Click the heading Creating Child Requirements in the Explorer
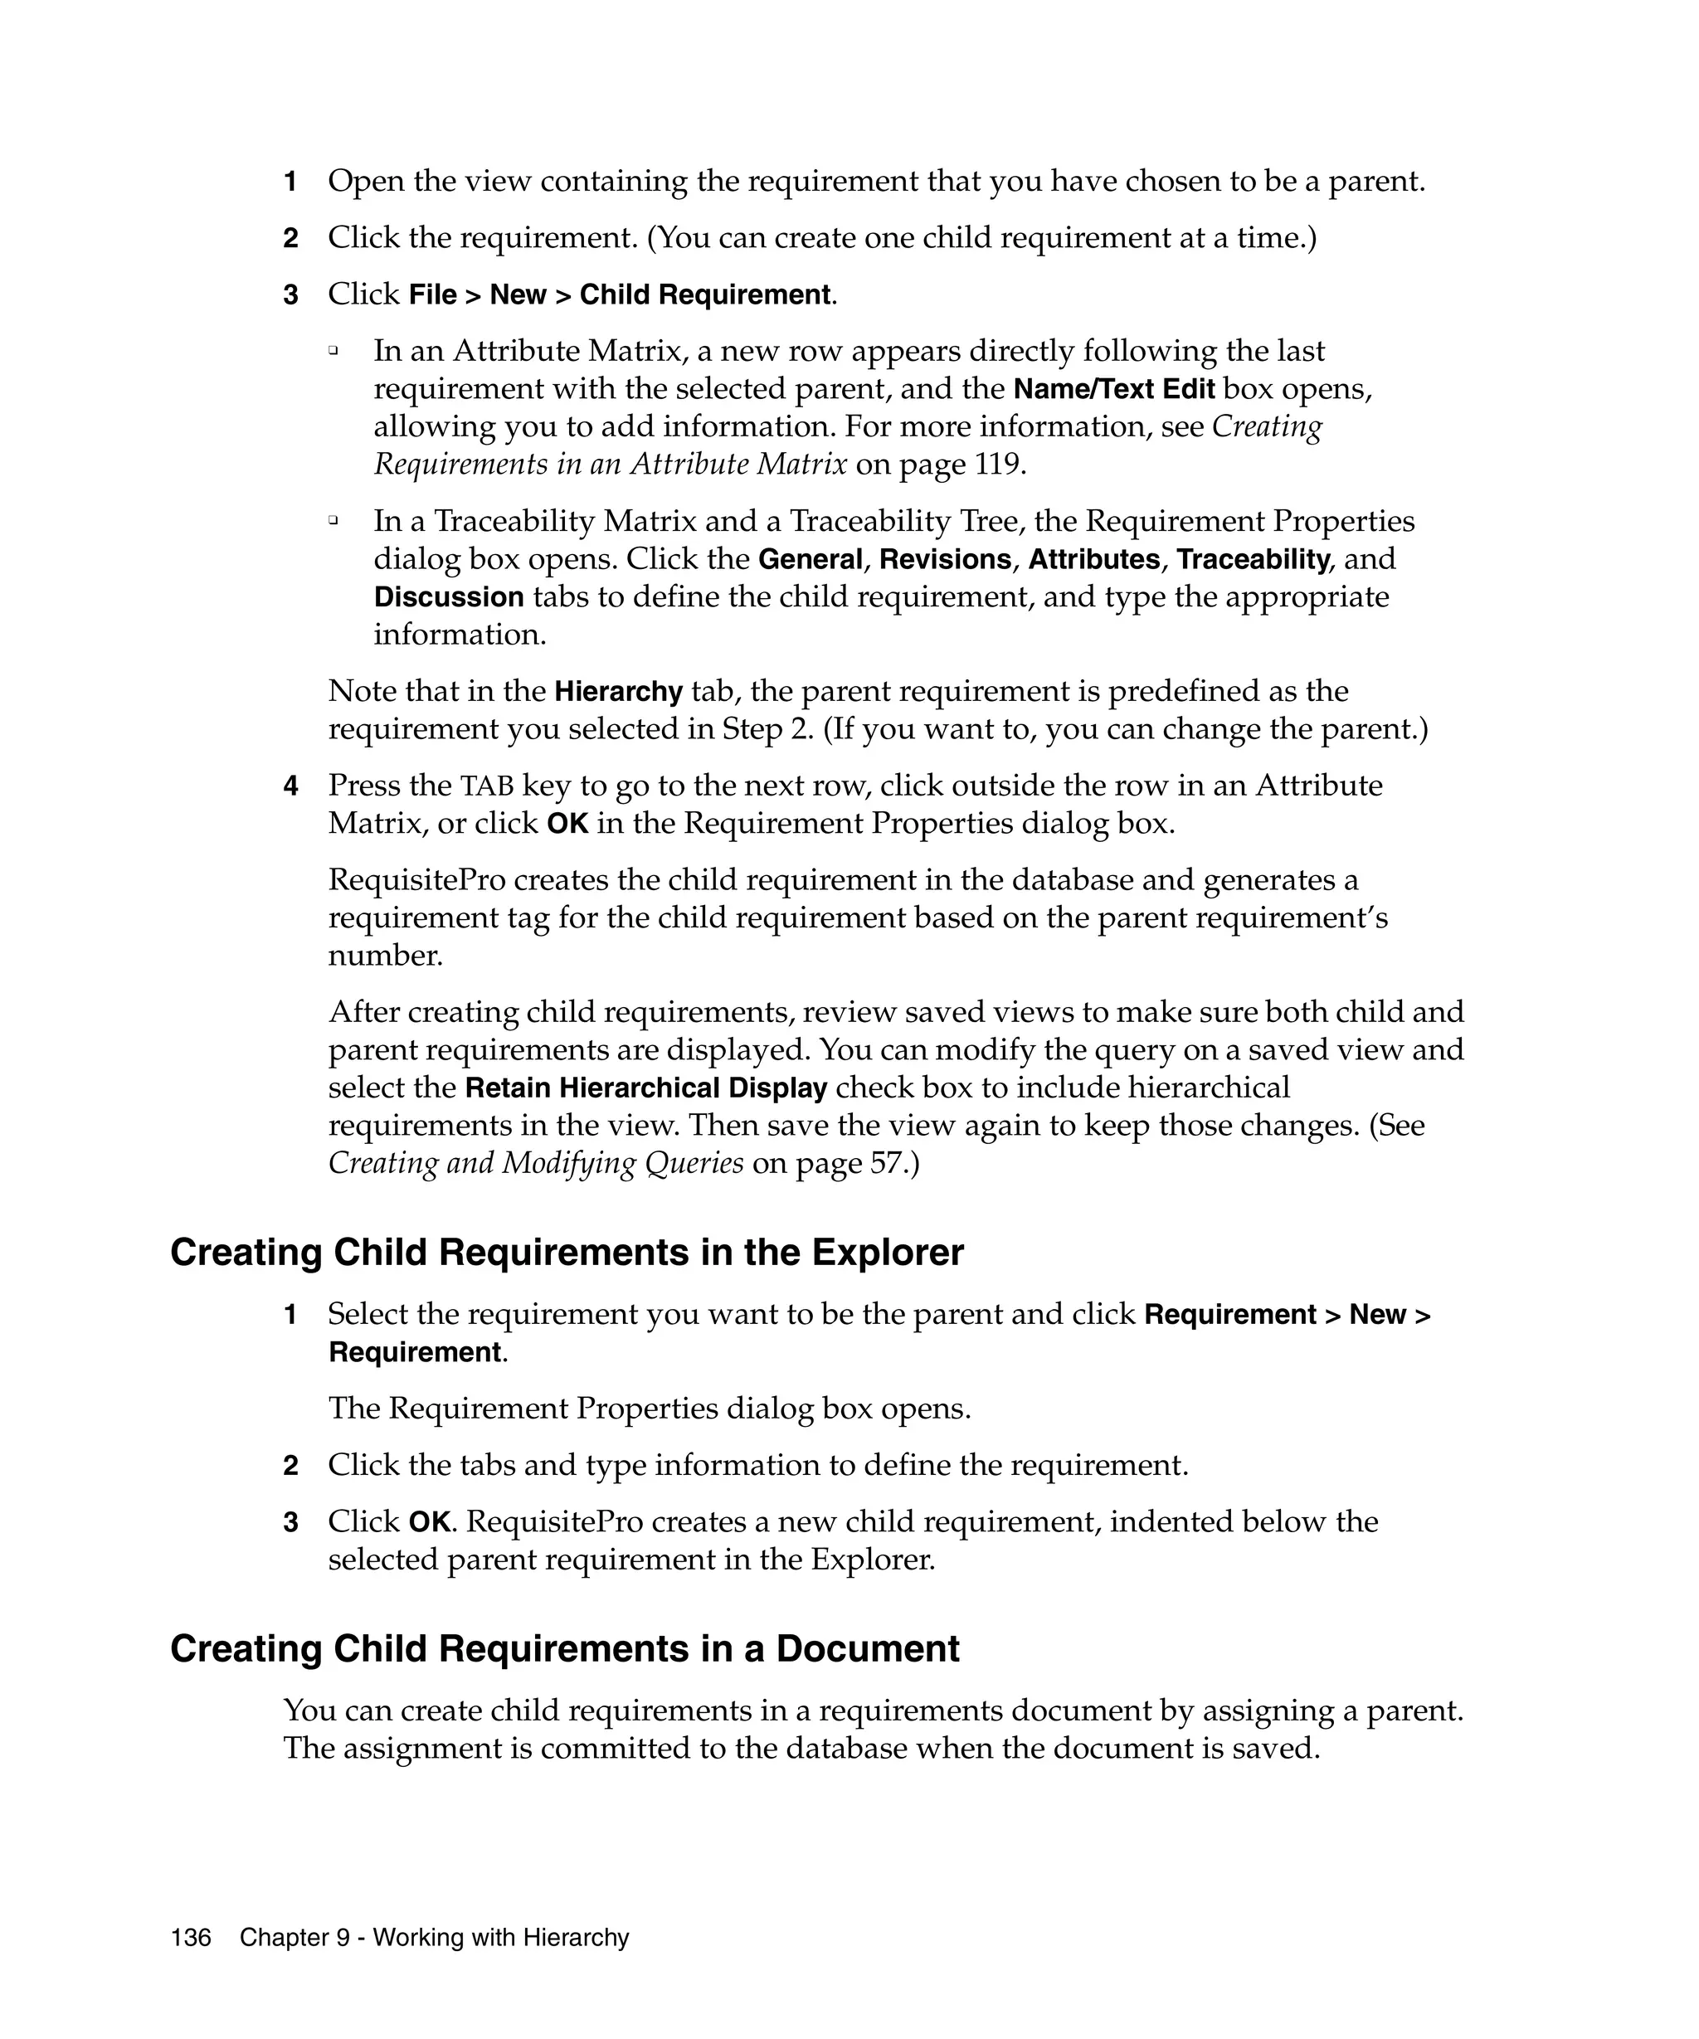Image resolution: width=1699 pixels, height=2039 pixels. click(x=566, y=1253)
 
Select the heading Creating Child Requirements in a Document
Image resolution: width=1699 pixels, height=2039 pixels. click(x=564, y=1648)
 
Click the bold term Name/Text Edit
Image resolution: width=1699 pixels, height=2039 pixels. click(x=1113, y=389)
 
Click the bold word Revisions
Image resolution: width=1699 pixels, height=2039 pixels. click(x=945, y=559)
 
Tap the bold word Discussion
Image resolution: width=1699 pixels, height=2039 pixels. click(x=449, y=597)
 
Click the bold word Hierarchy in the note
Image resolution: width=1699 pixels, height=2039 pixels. click(x=618, y=691)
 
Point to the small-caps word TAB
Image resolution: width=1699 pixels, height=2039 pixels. click(x=486, y=786)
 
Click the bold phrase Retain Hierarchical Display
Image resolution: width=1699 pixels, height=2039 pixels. click(x=645, y=1088)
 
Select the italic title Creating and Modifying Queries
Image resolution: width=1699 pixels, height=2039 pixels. click(x=536, y=1163)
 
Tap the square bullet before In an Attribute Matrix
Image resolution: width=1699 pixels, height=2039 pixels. click(x=333, y=351)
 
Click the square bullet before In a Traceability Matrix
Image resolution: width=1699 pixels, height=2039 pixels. click(x=333, y=522)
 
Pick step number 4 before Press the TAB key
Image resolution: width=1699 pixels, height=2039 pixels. click(x=290, y=786)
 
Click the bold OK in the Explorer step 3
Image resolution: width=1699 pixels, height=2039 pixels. click(x=428, y=1521)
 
